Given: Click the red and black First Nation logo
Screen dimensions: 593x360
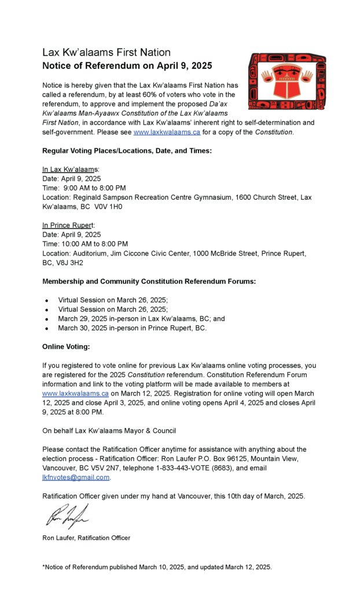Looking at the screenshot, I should click(x=287, y=81).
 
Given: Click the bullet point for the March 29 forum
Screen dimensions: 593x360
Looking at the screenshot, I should click(x=46, y=319).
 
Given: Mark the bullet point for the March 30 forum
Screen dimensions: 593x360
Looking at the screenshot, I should click(x=46, y=328).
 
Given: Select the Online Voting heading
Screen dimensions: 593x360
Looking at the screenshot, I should click(x=66, y=346).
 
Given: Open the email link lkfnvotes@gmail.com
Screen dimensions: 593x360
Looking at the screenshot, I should click(x=76, y=477).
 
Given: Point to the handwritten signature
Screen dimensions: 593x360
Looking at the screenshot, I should click(x=67, y=516).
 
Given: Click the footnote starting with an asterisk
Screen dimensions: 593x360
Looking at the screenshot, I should click(x=157, y=566).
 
